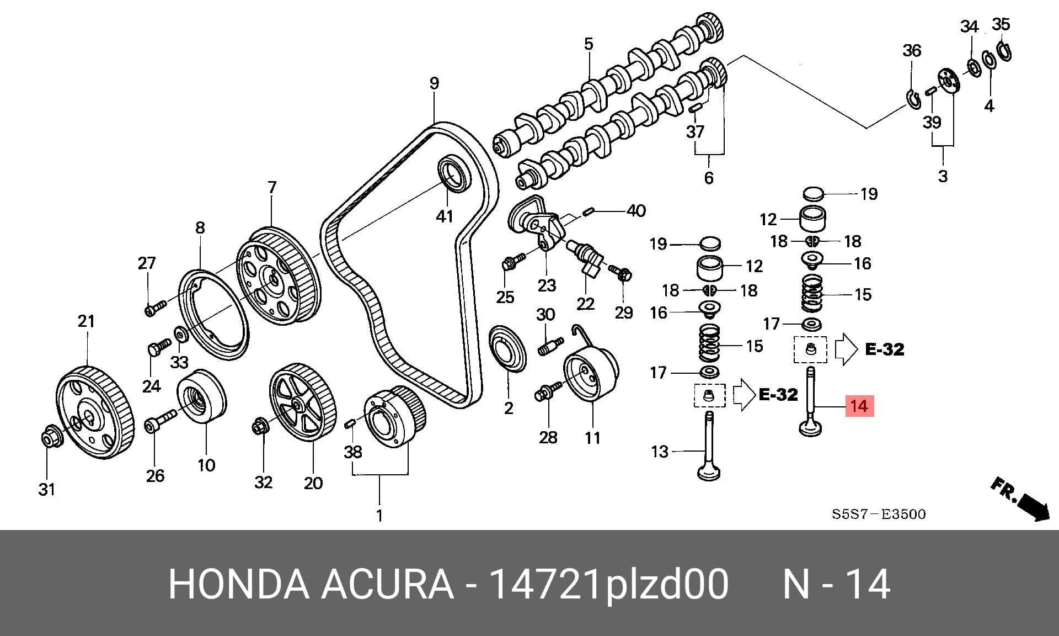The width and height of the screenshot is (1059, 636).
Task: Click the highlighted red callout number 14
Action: click(x=859, y=406)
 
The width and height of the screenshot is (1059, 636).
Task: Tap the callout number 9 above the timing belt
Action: click(x=434, y=83)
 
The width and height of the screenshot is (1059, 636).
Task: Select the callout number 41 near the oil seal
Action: click(x=445, y=216)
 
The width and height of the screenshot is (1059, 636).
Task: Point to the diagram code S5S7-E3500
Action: click(x=879, y=515)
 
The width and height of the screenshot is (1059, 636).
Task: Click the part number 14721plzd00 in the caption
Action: click(x=609, y=584)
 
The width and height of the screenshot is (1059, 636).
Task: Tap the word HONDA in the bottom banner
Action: click(x=239, y=584)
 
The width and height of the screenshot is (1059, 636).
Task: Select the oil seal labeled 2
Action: click(x=509, y=349)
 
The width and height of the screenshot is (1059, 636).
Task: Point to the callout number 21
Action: click(x=86, y=321)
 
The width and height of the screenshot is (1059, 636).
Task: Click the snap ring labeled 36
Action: click(x=913, y=99)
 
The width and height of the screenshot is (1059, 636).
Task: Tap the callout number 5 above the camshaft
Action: click(x=589, y=44)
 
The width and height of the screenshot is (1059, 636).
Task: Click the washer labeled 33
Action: click(x=180, y=335)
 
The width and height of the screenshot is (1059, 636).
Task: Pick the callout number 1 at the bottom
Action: click(x=379, y=516)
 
